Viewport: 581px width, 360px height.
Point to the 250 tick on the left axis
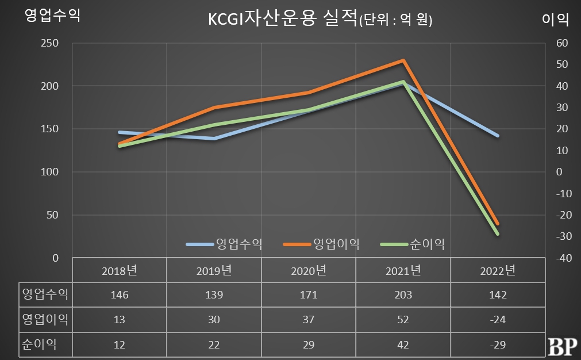pyautogui.click(x=51, y=43)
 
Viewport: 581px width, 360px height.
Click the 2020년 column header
pyautogui.click(x=309, y=270)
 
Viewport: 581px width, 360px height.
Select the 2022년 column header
pyautogui.click(x=498, y=270)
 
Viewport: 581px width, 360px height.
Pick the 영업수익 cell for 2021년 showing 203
pyautogui.click(x=403, y=294)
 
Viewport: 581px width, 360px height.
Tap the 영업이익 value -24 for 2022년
pyautogui.click(x=498, y=319)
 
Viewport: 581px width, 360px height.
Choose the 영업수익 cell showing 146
pyautogui.click(x=120, y=294)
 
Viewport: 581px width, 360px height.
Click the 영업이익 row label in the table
pyautogui.click(x=45, y=319)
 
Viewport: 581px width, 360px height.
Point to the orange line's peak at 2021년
pyautogui.click(x=403, y=60)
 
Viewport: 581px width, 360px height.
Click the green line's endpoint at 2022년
pyautogui.click(x=498, y=234)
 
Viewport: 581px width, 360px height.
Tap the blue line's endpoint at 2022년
pyautogui.click(x=498, y=136)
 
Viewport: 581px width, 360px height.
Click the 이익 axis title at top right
pyautogui.click(x=555, y=19)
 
